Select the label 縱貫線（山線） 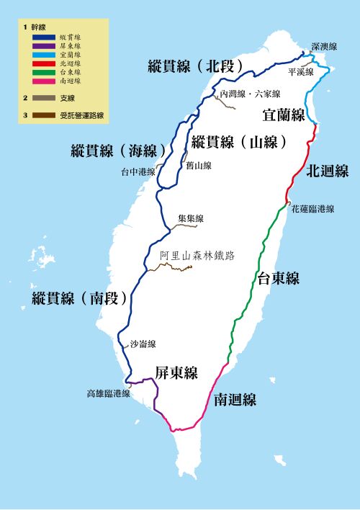240,141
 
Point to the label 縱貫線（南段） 80,297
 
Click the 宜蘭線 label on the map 284,115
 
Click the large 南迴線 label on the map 235,400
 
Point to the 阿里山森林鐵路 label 198,255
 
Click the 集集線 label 191,218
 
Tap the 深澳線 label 324,46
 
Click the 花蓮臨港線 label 312,209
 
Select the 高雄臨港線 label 108,393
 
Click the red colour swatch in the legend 45,63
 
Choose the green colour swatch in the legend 45,72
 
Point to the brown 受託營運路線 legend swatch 45,115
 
